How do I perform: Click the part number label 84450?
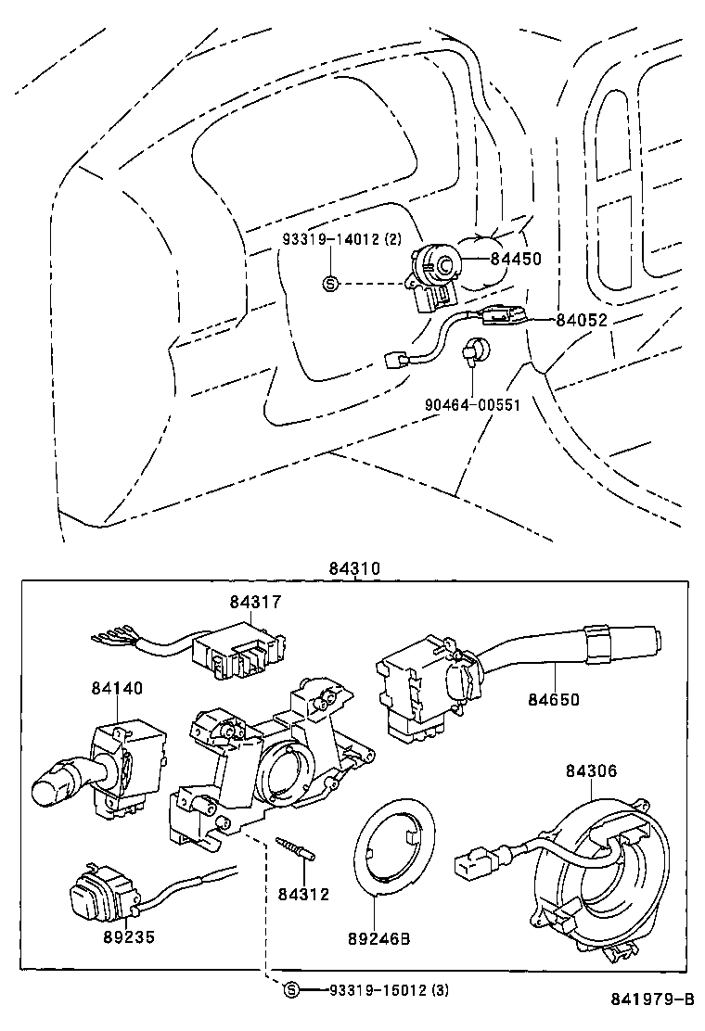point(517,261)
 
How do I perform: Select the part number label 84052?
point(582,320)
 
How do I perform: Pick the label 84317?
point(256,603)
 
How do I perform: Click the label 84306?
point(592,770)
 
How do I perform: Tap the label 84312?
point(303,894)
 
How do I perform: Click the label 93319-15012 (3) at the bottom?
point(389,990)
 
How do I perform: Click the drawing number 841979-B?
point(652,999)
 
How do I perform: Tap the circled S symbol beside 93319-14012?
point(330,283)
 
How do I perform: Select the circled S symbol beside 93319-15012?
point(290,990)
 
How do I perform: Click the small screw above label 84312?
point(296,850)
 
